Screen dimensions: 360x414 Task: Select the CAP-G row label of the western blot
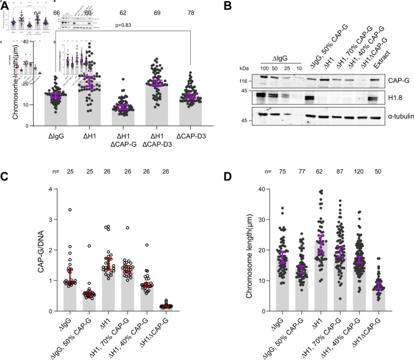[380, 79]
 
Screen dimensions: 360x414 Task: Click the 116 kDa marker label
[243, 80]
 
